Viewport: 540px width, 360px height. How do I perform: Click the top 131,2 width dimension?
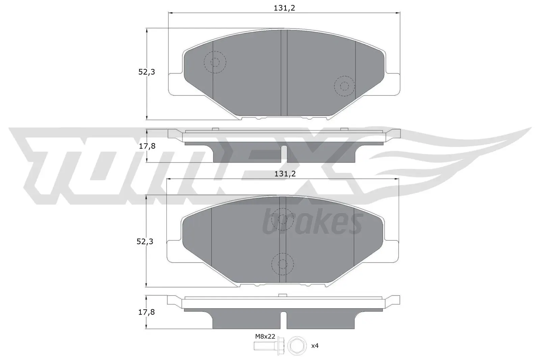[x=284, y=8]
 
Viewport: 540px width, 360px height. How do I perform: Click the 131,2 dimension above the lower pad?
[x=285, y=174]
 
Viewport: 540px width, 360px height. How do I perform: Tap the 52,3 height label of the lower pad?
[x=145, y=242]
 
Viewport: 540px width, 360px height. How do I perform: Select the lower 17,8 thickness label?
[x=146, y=312]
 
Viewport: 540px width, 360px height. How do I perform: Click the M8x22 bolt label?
[x=265, y=336]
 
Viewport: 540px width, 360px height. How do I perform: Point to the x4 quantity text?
[x=315, y=346]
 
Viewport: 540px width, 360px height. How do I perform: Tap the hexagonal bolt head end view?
[x=297, y=345]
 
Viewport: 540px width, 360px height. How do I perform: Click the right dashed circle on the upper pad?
[x=344, y=86]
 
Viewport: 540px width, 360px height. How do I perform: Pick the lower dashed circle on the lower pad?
[x=283, y=264]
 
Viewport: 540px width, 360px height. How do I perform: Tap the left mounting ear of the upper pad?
[x=175, y=84]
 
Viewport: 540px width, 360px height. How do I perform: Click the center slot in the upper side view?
[x=284, y=152]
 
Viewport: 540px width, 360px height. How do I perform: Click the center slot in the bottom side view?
[x=283, y=319]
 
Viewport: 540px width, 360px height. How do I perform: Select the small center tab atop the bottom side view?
[x=283, y=295]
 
